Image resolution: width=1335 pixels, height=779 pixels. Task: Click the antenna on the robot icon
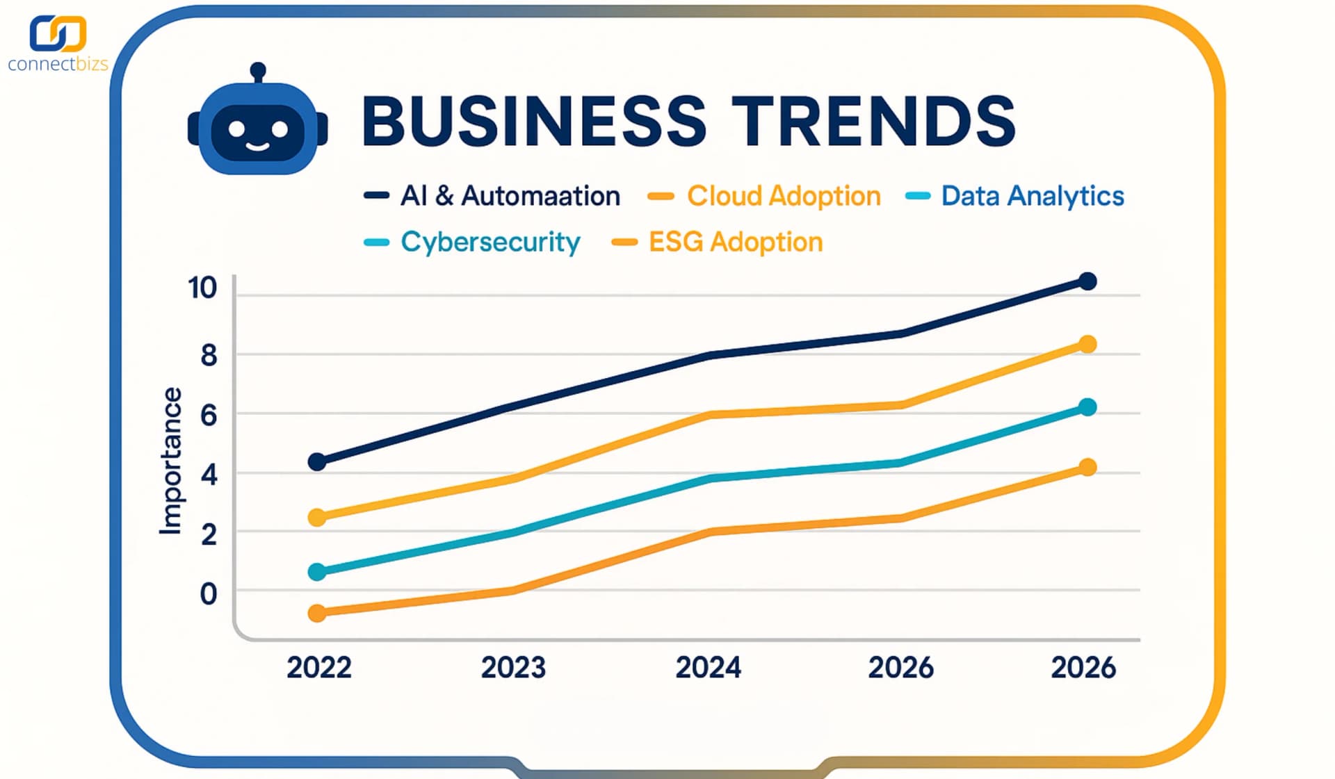258,71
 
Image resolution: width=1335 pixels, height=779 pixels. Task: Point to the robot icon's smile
257,146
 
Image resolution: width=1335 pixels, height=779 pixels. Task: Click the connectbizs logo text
58,64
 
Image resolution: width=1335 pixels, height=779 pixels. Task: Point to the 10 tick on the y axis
202,288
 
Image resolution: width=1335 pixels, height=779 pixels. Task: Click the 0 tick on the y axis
209,594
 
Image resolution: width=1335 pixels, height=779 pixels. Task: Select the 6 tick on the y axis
209,416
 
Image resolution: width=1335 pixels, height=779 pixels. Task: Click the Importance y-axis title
170,461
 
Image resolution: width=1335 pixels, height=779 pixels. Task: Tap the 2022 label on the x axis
319,667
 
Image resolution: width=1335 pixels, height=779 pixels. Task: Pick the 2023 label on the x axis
513,667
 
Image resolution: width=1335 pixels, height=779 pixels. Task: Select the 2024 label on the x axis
708,667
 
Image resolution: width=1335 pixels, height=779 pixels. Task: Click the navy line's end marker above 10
1087,281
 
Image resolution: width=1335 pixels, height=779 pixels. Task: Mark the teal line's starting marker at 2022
317,572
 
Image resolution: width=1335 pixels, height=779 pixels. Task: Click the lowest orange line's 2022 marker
317,613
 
